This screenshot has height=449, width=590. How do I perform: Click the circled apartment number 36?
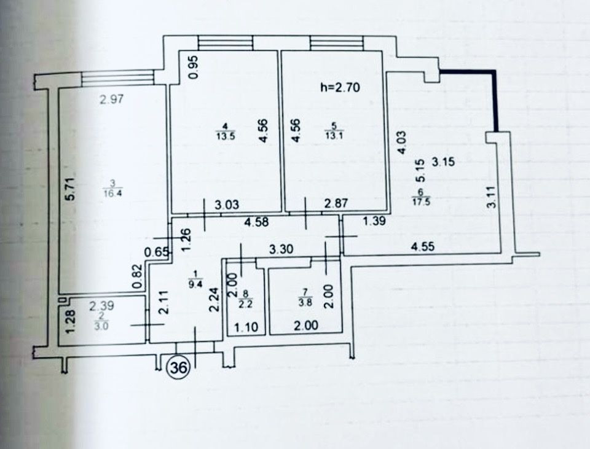point(179,369)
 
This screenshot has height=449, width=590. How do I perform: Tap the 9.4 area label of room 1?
point(196,283)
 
